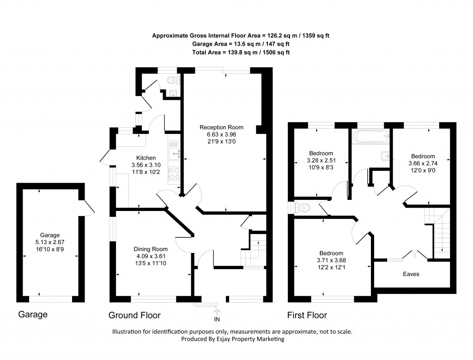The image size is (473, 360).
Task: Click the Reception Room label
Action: [x=221, y=127]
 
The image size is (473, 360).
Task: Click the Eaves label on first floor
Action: [x=411, y=274]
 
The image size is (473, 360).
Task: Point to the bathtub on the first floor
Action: [x=371, y=136]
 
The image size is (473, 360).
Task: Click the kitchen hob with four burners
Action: [x=174, y=174]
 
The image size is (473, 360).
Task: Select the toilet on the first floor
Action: [x=303, y=209]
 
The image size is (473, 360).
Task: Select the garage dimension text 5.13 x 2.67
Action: [x=50, y=242]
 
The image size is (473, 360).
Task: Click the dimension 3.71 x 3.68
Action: [x=331, y=260]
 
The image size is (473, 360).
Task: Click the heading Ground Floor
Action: [x=134, y=315]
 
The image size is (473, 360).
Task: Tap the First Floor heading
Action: [x=307, y=315]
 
